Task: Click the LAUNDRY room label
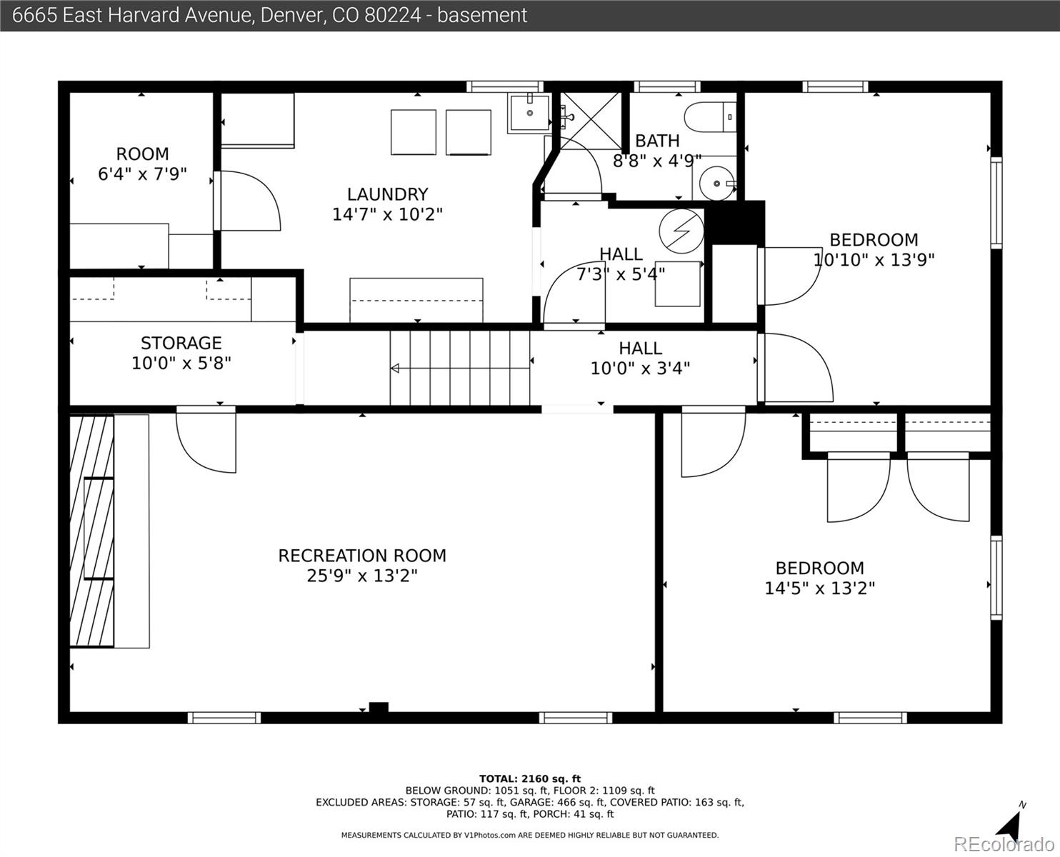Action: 387,194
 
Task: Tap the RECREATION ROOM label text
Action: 362,556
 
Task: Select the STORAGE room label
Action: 181,344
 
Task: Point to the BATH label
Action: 657,141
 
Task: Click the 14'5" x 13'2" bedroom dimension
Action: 819,588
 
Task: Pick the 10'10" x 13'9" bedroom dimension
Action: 874,260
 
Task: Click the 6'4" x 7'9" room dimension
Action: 142,174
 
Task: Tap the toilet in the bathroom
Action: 710,117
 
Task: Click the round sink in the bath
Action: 716,184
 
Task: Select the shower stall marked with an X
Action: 591,121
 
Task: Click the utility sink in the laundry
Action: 529,113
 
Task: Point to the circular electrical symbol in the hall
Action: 681,231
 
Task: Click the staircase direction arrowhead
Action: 395,369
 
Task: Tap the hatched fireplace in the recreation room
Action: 91,531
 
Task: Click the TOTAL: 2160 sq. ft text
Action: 530,779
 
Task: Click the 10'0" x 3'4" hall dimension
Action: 640,369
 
